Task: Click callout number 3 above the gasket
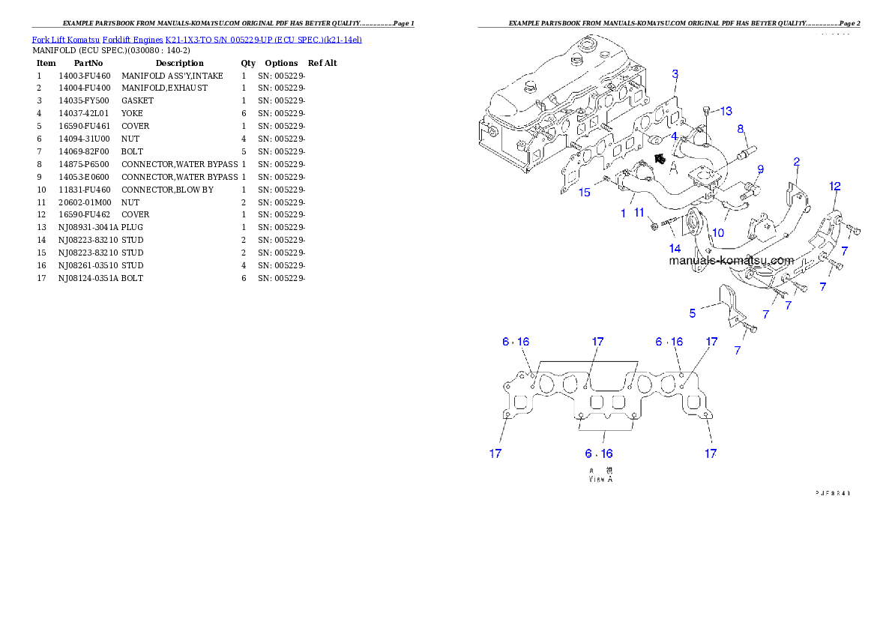tap(675, 74)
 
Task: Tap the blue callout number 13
tap(726, 112)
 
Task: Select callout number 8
tap(741, 129)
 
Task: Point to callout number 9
tap(760, 169)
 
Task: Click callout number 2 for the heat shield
tap(797, 161)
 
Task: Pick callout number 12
tap(835, 186)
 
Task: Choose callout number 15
tap(584, 193)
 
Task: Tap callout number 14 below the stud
tap(675, 247)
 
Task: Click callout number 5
tap(693, 313)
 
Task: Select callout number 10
tap(717, 233)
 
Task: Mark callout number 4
tap(674, 136)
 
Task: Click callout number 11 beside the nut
tap(639, 213)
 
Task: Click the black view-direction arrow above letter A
tap(660, 158)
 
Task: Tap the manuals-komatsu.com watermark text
tap(731, 261)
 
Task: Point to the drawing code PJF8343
tap(834, 493)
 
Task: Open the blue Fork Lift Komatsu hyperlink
tap(196, 39)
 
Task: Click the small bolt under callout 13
tap(707, 114)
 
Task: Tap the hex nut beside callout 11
tap(654, 224)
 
